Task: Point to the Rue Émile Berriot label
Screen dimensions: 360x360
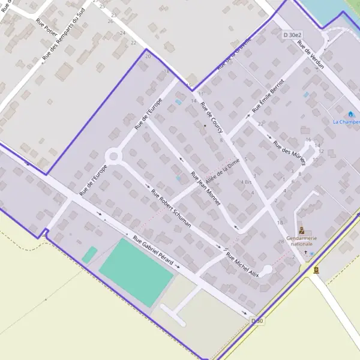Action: pos(268,95)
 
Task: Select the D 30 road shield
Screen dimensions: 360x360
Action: pos(257,321)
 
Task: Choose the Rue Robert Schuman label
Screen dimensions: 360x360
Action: pos(171,209)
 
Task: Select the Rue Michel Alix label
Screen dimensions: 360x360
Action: pos(242,264)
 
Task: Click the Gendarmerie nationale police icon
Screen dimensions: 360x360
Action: pos(302,230)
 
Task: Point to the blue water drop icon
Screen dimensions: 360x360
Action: pos(351,113)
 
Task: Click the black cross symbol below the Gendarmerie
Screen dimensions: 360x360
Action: pos(305,253)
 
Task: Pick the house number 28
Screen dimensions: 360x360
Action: pos(281,241)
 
